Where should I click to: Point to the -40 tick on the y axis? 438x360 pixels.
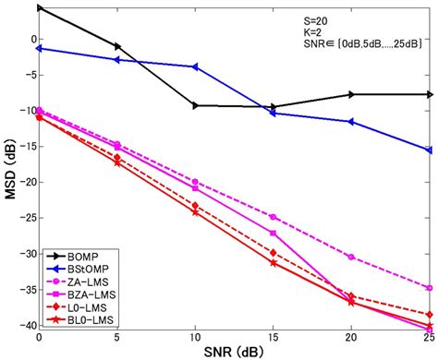(24, 325)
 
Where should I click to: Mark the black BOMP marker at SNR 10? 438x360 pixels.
(195, 106)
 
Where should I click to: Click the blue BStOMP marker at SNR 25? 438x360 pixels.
(429, 150)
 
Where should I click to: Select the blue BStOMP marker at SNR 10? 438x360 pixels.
(195, 67)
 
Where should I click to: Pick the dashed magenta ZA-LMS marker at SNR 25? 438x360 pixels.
(429, 288)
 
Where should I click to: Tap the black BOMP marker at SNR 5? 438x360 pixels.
(117, 45)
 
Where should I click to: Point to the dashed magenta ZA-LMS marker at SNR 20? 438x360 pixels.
(351, 257)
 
